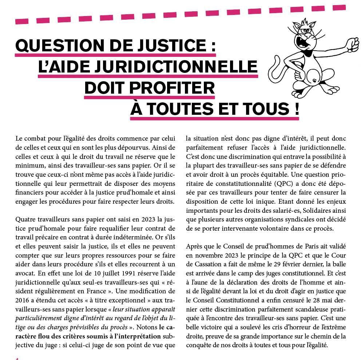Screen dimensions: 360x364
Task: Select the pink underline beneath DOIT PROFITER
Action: [149, 98]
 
